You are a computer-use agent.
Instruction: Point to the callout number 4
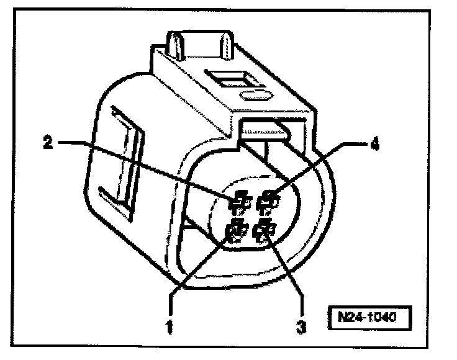point(374,143)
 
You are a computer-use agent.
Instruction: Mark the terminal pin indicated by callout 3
point(266,232)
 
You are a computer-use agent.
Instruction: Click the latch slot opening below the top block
point(264,130)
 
